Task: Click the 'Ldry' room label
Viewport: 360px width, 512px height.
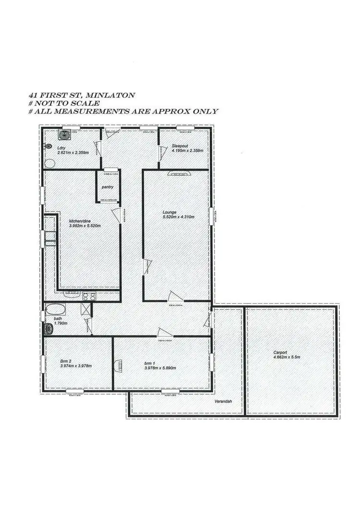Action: pos(61,147)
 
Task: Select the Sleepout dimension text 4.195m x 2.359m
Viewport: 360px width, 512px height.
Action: pos(187,150)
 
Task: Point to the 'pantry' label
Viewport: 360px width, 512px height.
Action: pos(107,187)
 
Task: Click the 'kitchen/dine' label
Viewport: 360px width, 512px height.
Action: pos(79,221)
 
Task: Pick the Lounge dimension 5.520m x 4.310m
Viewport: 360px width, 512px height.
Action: pos(178,216)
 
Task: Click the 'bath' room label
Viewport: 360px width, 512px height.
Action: pos(58,319)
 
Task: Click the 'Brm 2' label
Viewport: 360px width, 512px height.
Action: pos(66,361)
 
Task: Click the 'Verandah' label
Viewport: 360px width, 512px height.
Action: pos(223,400)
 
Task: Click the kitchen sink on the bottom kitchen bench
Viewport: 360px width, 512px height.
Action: pos(73,294)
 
